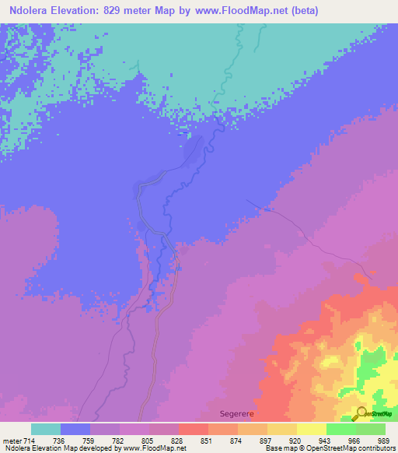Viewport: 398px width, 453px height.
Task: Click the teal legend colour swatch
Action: tap(46, 429)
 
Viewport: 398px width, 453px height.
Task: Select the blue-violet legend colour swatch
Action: tap(75, 429)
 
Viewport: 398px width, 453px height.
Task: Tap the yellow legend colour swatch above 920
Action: tap(282, 429)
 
